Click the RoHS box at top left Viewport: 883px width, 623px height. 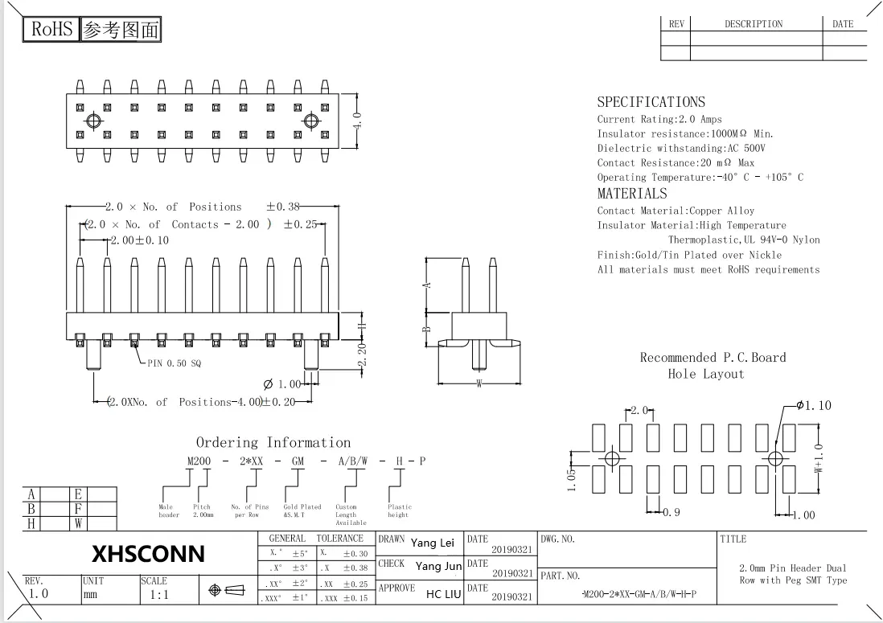click(x=52, y=31)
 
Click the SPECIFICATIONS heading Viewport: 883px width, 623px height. click(x=651, y=102)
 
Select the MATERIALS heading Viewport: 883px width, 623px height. click(x=632, y=194)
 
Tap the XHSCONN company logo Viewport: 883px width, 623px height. click(x=148, y=554)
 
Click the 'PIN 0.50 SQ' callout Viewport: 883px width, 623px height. click(x=175, y=363)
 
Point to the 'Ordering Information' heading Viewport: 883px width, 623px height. click(x=273, y=442)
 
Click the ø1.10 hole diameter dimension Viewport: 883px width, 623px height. click(x=813, y=406)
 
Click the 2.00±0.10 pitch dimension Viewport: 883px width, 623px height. click(x=140, y=240)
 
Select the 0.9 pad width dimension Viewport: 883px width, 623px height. click(x=671, y=512)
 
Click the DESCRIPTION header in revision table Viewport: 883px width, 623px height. click(x=754, y=24)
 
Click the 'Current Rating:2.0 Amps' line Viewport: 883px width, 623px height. click(x=659, y=119)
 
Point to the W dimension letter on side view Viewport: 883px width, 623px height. click(x=479, y=383)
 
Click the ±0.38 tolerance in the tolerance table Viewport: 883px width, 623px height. click(x=355, y=568)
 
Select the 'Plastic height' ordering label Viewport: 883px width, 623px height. click(x=399, y=510)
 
